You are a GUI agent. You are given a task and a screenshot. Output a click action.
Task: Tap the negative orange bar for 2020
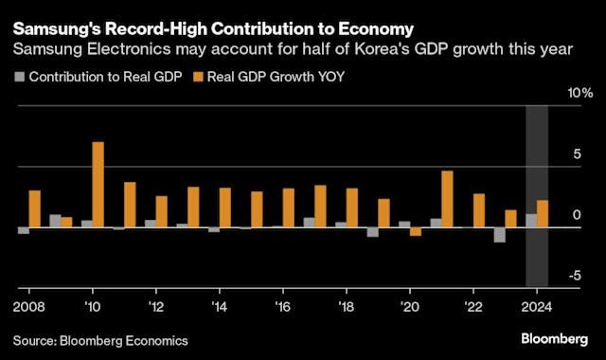[x=415, y=231]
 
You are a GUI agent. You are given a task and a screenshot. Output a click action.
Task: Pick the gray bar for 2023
[x=499, y=235]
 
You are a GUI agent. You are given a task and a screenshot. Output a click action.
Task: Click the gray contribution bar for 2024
[x=530, y=221]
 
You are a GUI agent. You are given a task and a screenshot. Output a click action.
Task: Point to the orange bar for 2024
[x=542, y=214]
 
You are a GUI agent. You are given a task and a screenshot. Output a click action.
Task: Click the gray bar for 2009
[x=55, y=221]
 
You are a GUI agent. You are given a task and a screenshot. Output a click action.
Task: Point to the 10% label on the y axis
[x=579, y=94]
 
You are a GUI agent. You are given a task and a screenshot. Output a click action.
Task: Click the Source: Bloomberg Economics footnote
[x=100, y=339]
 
